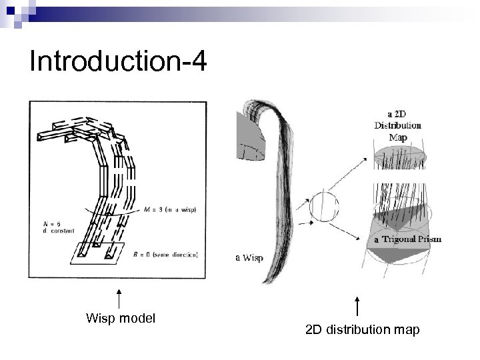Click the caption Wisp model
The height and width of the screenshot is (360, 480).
(x=121, y=318)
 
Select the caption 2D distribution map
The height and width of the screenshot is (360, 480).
(x=362, y=329)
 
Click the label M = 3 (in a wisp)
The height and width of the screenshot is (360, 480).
(x=173, y=208)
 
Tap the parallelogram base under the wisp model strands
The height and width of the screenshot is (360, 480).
(x=98, y=251)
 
